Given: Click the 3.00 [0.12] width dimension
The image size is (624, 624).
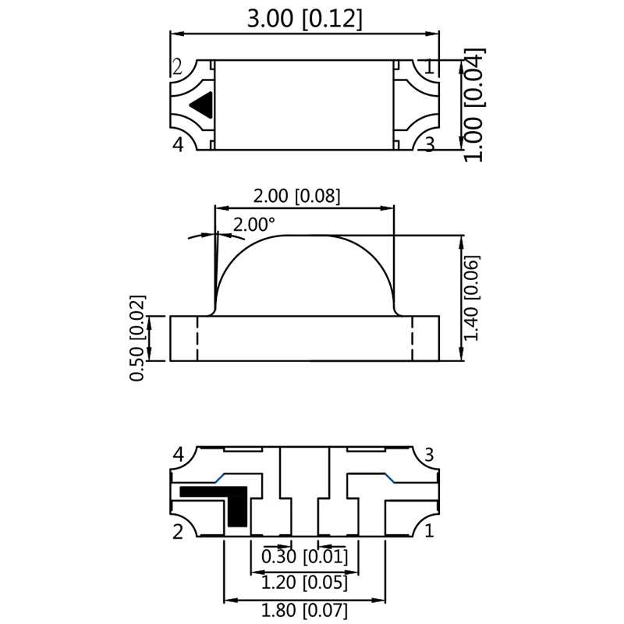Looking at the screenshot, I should pos(304,19).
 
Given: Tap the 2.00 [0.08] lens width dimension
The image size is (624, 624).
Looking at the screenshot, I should pos(303,196).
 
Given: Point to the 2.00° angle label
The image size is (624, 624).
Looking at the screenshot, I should pos(254,225).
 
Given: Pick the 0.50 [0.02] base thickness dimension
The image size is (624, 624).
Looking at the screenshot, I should pos(138,338).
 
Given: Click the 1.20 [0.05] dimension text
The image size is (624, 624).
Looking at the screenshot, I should pos(305,582).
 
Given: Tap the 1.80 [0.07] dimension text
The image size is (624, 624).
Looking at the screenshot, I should pos(305,610).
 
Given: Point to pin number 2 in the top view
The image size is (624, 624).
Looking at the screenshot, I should pos(178,67).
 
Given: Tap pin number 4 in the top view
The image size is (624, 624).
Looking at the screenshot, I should pos(178,144).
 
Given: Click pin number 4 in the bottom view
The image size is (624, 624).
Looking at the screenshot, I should pos(178,455).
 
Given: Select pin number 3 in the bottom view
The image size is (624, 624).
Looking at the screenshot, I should pos(427,455).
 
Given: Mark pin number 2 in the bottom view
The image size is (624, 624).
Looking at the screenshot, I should pos(178,532).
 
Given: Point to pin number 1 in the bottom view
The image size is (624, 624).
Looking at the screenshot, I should pos(427,532).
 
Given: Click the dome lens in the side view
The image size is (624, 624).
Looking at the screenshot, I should pos(304,277).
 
